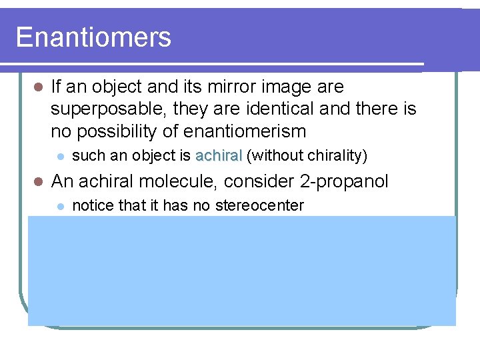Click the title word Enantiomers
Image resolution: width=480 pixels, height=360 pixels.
tap(93, 37)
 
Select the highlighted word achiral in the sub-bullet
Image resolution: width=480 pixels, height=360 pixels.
tap(218, 156)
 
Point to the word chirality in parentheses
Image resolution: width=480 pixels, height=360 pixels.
tap(334, 156)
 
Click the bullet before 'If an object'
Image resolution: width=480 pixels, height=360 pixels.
tap(37, 87)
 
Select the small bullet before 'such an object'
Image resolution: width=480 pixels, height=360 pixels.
tap(60, 157)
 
